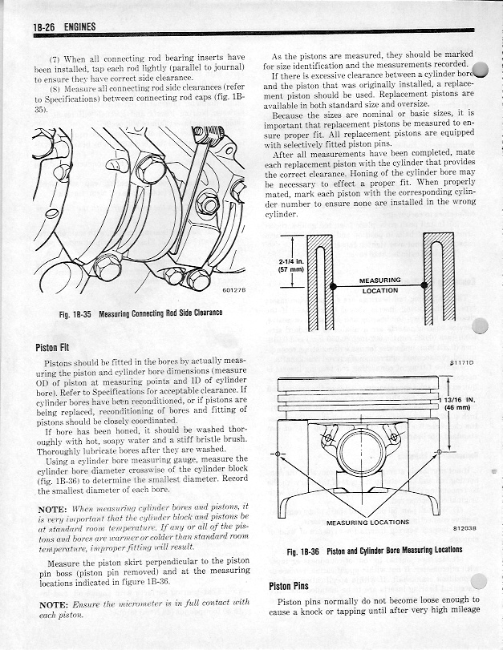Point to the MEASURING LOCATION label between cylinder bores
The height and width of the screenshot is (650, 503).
point(379,285)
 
